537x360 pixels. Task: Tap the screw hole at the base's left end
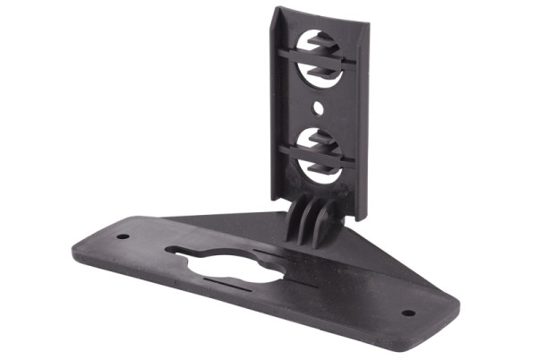(x=124, y=237)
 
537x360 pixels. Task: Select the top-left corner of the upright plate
(x=277, y=9)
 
